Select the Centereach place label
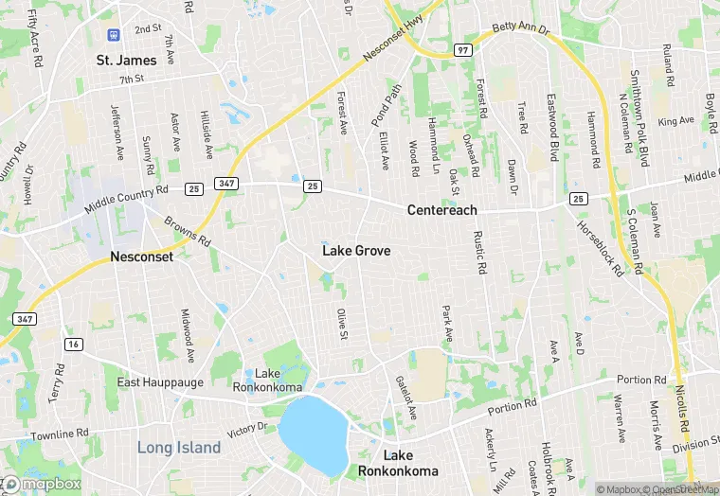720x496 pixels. (x=441, y=209)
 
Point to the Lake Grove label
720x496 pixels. (x=356, y=251)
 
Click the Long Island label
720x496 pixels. (x=179, y=447)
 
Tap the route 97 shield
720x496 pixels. (x=463, y=48)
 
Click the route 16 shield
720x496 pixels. (x=74, y=344)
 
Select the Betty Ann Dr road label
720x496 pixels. (x=521, y=28)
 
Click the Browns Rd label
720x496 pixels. (x=187, y=232)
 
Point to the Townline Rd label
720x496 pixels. (x=59, y=434)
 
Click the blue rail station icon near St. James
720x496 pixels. (x=114, y=35)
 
